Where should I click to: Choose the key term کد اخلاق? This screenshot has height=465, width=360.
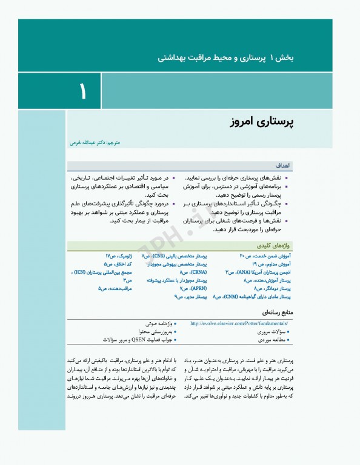tap(118, 265)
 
